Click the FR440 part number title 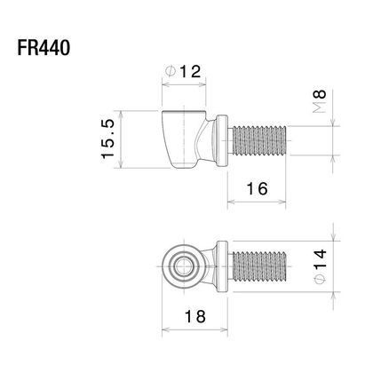(44, 48)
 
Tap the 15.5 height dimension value (107, 139)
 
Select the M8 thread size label (320, 101)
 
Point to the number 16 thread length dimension (257, 188)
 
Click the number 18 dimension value (195, 316)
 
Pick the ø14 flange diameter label (320, 266)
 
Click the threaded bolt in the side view (258, 140)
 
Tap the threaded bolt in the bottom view (258, 266)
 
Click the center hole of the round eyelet (184, 266)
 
